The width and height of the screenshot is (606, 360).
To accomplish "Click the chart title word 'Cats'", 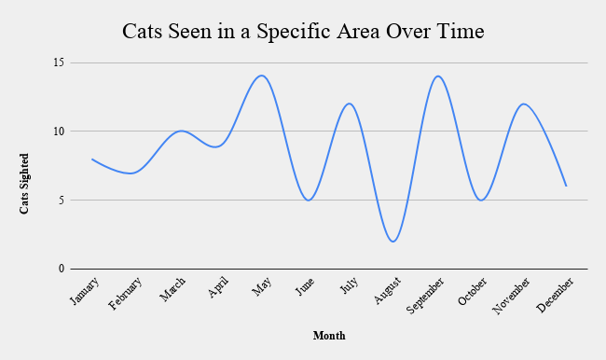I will coord(145,32).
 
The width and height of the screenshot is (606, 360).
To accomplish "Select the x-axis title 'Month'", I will coord(329,336).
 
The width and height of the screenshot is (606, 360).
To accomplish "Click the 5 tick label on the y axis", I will coord(60,200).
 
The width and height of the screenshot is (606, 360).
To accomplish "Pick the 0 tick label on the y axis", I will coord(60,269).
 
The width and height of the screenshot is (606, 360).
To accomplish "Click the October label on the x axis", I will coord(472,292).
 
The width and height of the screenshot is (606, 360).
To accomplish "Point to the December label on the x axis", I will coord(556,295).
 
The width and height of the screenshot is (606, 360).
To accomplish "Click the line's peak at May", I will coord(262,76).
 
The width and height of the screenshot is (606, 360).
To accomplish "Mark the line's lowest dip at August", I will coord(393,242).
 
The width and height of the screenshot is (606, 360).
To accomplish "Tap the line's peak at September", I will coord(436,76).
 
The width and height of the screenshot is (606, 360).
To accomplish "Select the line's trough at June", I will coord(308,201).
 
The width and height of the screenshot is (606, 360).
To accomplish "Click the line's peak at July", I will coord(349,104).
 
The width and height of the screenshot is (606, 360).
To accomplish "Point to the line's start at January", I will coord(91,159).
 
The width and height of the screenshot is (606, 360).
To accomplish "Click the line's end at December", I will coord(566,187).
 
